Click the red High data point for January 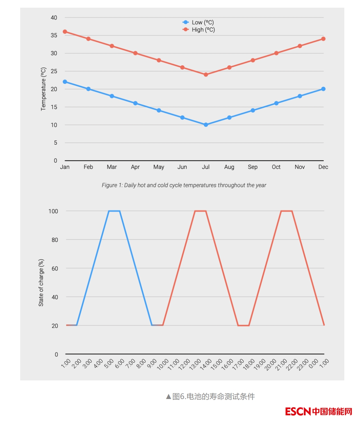click(x=65, y=32)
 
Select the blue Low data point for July click(x=206, y=125)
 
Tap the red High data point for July click(x=206, y=75)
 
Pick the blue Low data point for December click(x=323, y=89)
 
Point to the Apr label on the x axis click(x=135, y=167)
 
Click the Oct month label click(x=276, y=167)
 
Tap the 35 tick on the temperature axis click(x=54, y=36)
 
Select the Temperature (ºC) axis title click(x=44, y=89)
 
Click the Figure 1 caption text click(x=184, y=185)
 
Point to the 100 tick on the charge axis click(x=53, y=211)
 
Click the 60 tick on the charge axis click(x=55, y=268)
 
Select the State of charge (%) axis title click(x=41, y=283)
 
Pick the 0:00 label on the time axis click(x=313, y=364)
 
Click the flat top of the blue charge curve click(x=114, y=211)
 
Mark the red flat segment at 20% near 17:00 click(x=243, y=325)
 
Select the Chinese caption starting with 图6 click(x=210, y=397)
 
